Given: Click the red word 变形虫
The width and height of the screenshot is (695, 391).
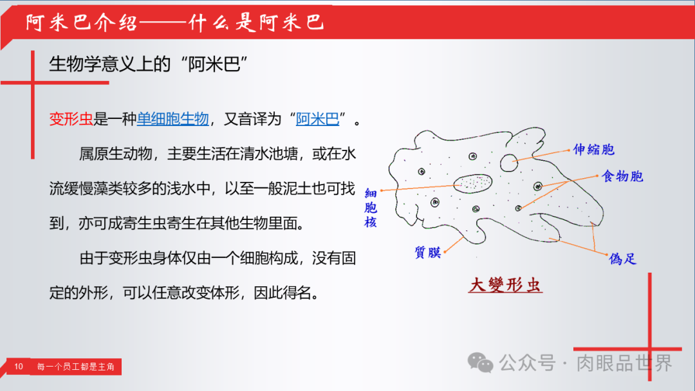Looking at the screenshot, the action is click(71, 119).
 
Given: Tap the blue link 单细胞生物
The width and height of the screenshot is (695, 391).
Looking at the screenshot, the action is click(173, 119).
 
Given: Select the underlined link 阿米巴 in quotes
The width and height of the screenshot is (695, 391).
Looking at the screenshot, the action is click(317, 119).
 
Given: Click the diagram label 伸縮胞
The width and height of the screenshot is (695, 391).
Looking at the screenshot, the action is click(594, 150).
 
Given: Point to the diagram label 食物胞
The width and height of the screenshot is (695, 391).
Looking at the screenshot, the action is click(622, 176).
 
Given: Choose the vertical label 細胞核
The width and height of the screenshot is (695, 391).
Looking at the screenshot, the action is click(371, 208).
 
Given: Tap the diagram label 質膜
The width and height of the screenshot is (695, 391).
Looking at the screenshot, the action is click(428, 252).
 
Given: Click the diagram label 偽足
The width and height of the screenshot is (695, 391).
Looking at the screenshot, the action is click(623, 259).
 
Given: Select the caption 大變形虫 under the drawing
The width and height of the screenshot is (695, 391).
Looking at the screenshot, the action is click(505, 285).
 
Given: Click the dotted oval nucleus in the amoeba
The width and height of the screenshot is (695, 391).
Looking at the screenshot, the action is click(474, 183).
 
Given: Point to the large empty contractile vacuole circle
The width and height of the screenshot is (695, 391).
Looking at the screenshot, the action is click(509, 163).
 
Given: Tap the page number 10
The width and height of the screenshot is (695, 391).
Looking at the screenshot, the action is click(18, 367).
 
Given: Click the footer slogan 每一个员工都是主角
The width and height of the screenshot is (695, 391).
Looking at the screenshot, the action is click(76, 367).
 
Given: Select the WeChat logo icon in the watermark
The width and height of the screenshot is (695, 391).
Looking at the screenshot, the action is click(481, 363).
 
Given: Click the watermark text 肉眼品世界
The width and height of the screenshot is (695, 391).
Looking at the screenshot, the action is click(624, 363).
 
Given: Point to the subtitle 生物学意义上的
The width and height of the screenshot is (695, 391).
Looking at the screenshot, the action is click(110, 64).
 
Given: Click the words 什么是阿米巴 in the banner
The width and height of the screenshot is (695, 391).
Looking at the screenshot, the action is click(257, 22).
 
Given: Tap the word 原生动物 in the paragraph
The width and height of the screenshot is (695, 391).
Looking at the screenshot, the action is click(123, 154).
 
